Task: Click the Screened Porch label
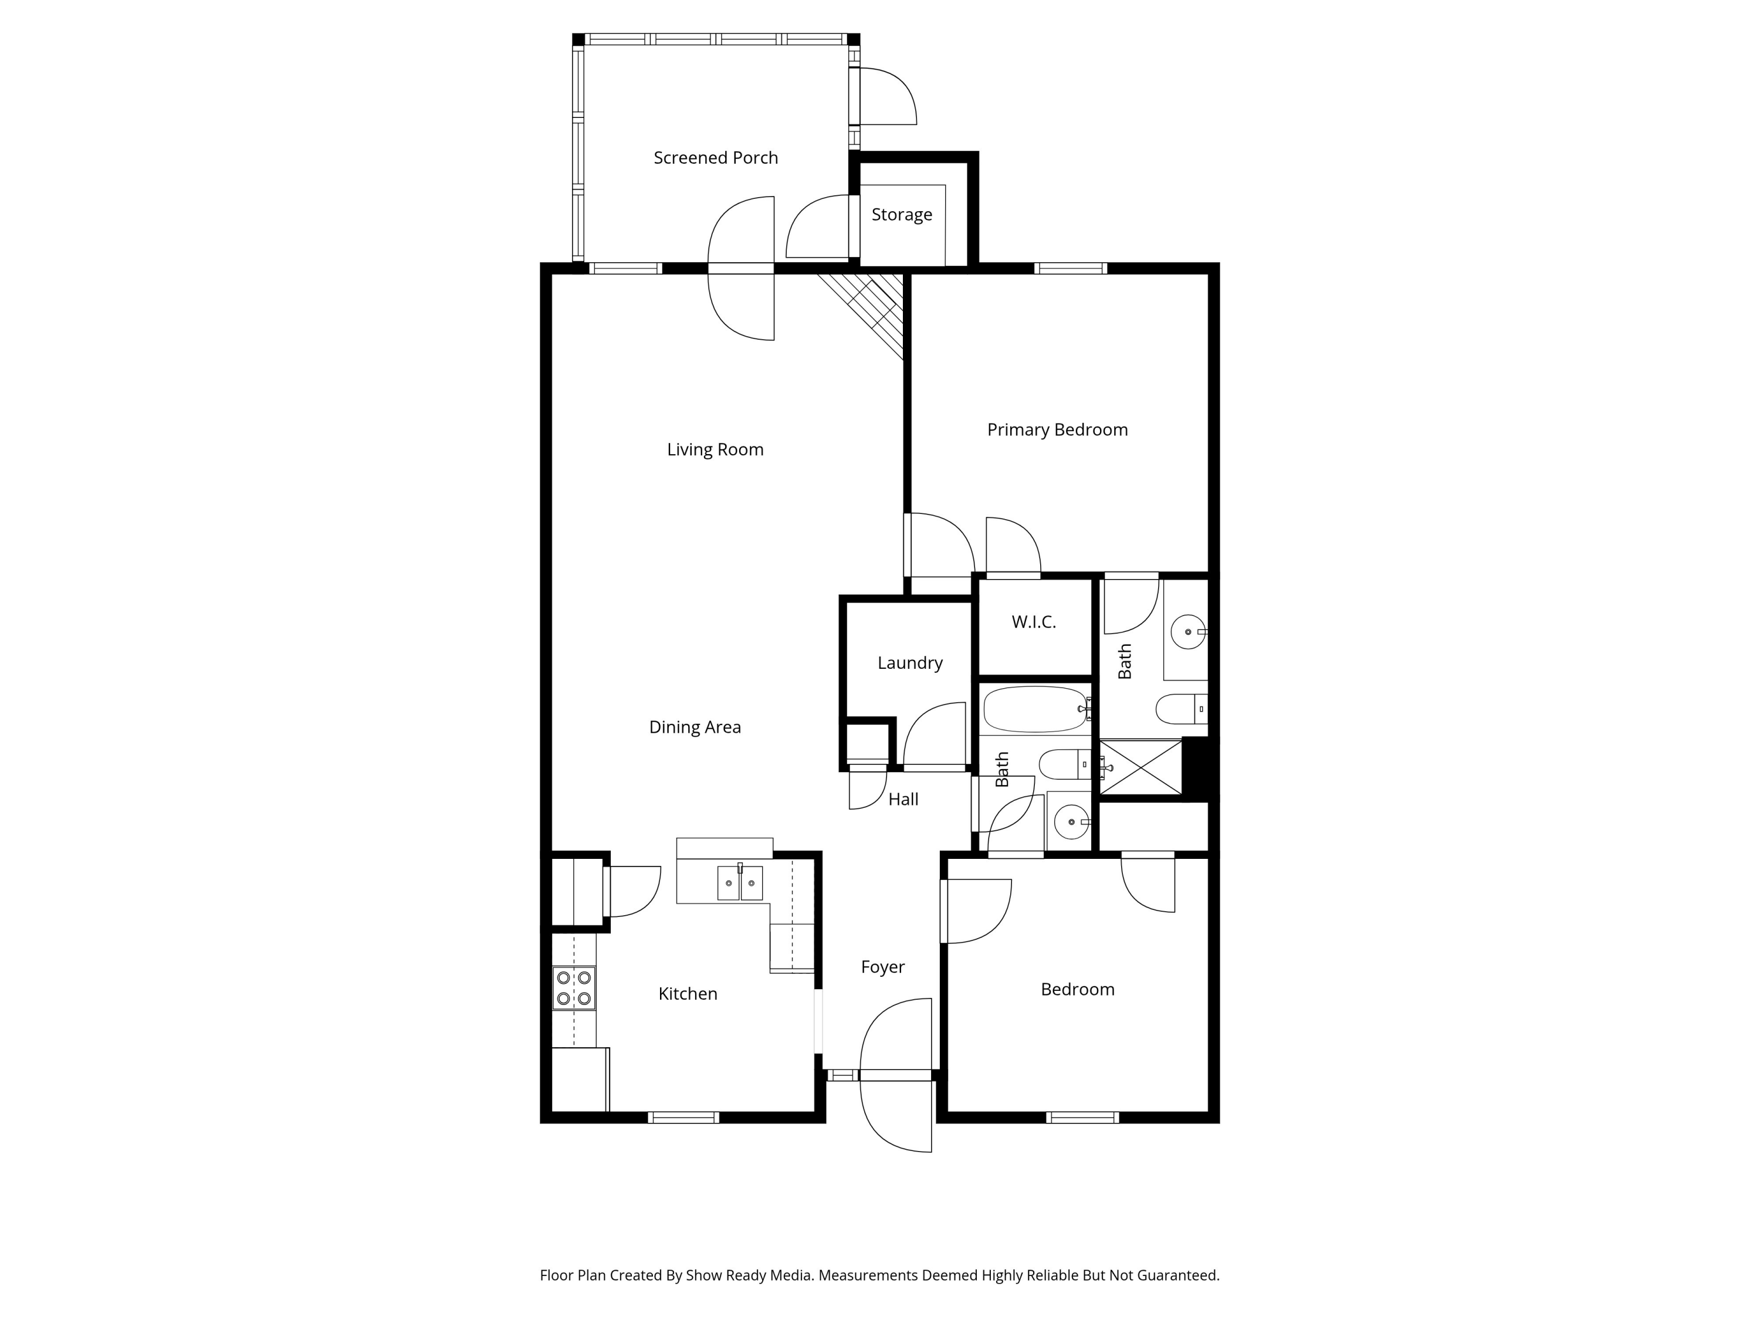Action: pyautogui.click(x=715, y=158)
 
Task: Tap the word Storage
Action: pyautogui.click(x=902, y=214)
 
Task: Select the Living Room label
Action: pyautogui.click(x=715, y=449)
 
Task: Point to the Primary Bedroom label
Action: pyautogui.click(x=1057, y=429)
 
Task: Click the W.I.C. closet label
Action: pyautogui.click(x=1034, y=622)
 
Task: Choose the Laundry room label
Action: pyautogui.click(x=909, y=663)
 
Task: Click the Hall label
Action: pyautogui.click(x=903, y=800)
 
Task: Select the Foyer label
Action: pyautogui.click(x=882, y=967)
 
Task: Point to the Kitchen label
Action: pyautogui.click(x=688, y=994)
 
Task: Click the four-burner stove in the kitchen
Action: pyautogui.click(x=574, y=987)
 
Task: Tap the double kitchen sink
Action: pyautogui.click(x=740, y=883)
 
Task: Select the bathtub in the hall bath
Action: pyautogui.click(x=1034, y=709)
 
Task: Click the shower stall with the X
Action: pyautogui.click(x=1140, y=767)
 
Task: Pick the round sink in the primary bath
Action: pyautogui.click(x=1187, y=632)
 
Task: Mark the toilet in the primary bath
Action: pyautogui.click(x=1180, y=709)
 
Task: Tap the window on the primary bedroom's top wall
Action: pyautogui.click(x=1070, y=268)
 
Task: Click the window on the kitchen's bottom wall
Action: pyautogui.click(x=683, y=1117)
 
